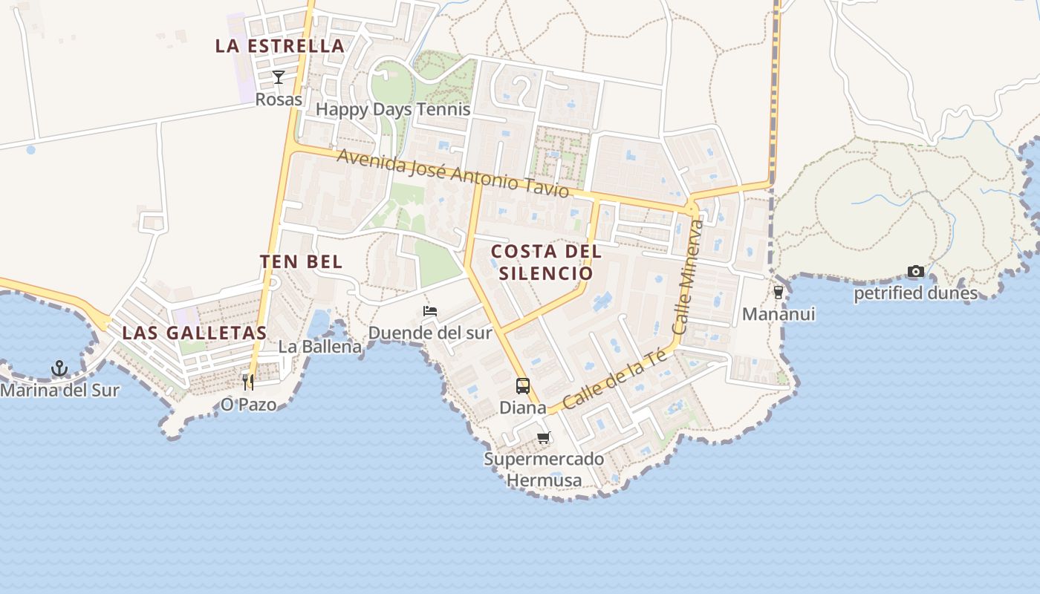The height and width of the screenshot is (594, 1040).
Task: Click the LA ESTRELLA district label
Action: pos(280,45)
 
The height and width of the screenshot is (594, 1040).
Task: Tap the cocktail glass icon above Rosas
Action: pos(279,76)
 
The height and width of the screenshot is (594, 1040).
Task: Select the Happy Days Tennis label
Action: pos(393,109)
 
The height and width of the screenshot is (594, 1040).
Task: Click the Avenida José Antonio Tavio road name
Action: pos(453,174)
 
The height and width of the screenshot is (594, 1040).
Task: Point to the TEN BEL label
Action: pos(301,261)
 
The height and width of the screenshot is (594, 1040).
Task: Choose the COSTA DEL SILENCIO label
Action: pos(546,262)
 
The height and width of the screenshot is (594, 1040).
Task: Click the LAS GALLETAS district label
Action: pos(194,333)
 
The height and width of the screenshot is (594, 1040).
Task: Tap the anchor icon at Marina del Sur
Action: pos(59,368)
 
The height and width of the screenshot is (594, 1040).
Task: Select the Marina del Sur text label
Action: pos(59,390)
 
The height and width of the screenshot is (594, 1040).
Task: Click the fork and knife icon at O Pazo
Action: pos(248,382)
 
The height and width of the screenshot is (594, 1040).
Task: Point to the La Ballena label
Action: pos(320,347)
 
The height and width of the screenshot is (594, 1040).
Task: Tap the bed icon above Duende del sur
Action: pos(430,311)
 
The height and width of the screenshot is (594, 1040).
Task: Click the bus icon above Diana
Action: pos(523,386)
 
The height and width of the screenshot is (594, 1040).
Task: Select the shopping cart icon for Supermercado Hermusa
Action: pos(544,438)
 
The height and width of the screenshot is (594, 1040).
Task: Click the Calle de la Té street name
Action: pos(614,379)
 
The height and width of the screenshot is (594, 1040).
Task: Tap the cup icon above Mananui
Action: pos(779,293)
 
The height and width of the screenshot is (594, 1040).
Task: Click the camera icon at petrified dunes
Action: pos(916,272)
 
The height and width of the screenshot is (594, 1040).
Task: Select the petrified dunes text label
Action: pos(915,293)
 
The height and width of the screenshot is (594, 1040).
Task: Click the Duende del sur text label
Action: pos(430,333)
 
